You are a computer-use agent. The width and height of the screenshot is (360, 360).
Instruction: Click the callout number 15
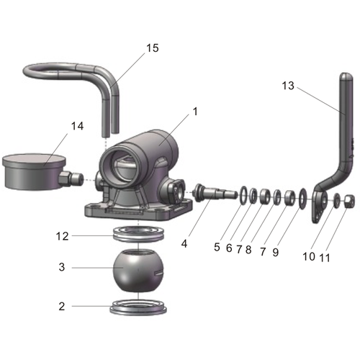click(152, 48)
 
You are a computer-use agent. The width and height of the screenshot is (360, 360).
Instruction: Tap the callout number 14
click(77, 126)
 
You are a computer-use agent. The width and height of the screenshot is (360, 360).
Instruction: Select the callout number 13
click(288, 85)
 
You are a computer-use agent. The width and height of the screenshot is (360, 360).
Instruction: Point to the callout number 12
click(63, 235)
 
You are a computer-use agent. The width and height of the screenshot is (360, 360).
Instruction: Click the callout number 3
click(61, 267)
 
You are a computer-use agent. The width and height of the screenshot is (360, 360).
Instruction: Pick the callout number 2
click(62, 305)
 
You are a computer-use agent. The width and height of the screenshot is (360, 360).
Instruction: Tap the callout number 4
click(184, 243)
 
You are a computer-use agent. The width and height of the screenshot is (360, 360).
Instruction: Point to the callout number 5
click(217, 247)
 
